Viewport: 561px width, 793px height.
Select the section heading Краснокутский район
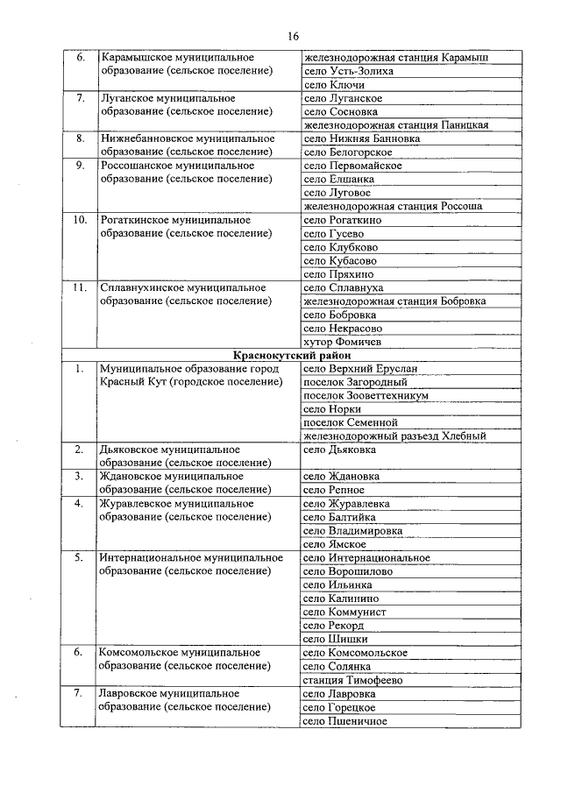[x=293, y=356]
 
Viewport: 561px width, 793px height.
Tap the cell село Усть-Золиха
[x=348, y=71]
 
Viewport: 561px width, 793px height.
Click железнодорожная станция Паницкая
[x=395, y=125]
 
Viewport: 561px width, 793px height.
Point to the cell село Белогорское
[x=349, y=152]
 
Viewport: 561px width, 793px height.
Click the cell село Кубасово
[x=340, y=260]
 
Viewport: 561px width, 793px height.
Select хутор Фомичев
[x=342, y=342]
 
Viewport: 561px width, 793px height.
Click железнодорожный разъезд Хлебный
[x=394, y=436]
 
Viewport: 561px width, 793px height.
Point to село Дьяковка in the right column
[x=339, y=450]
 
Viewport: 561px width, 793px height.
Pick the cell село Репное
[x=337, y=491]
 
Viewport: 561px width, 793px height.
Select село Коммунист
[x=344, y=612]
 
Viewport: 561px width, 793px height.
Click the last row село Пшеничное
[x=345, y=721]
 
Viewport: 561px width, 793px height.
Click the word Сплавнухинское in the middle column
[x=138, y=287]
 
